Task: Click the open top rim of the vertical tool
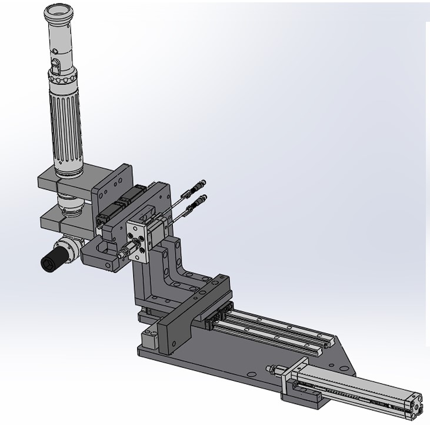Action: tap(59, 11)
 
